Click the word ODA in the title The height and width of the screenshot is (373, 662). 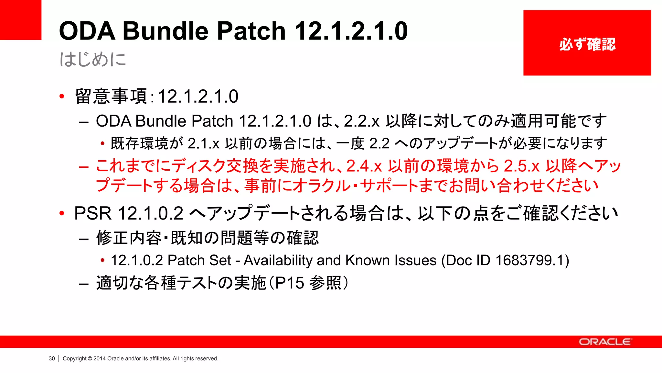tap(87, 31)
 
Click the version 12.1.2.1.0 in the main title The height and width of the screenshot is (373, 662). tap(351, 31)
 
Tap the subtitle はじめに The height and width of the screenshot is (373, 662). tap(93, 59)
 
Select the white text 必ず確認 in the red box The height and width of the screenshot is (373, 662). tap(587, 44)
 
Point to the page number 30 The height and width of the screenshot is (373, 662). tap(52, 358)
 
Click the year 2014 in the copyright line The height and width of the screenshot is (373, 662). tap(100, 358)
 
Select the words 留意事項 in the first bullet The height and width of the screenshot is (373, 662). tap(111, 96)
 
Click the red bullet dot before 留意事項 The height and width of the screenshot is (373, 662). tap(62, 96)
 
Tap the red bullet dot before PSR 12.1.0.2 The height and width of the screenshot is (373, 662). tap(62, 213)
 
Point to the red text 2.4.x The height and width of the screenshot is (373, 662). tap(364, 166)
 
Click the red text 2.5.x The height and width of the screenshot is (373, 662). tap(522, 166)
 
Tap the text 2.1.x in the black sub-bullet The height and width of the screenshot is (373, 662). tap(204, 143)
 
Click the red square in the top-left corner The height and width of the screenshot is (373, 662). tap(21, 20)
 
